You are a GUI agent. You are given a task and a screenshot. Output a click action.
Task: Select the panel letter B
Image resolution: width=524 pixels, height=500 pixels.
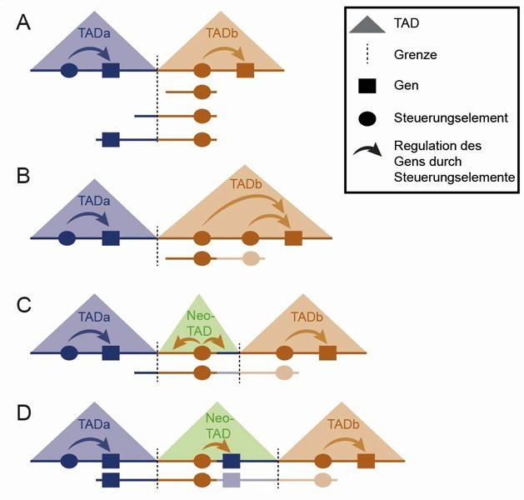click(x=26, y=177)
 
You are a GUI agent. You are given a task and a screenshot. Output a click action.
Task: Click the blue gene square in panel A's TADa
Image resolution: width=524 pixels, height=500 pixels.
click(x=110, y=70)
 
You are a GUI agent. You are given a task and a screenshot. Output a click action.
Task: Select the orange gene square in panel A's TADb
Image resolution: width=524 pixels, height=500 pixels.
click(x=245, y=70)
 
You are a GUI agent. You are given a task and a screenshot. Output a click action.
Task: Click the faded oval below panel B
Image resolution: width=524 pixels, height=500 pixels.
click(x=251, y=259)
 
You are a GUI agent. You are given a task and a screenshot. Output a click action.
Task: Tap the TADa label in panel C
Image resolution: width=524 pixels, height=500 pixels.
click(x=90, y=317)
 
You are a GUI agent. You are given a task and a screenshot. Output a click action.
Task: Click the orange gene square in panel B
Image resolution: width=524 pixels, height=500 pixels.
click(x=292, y=238)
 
